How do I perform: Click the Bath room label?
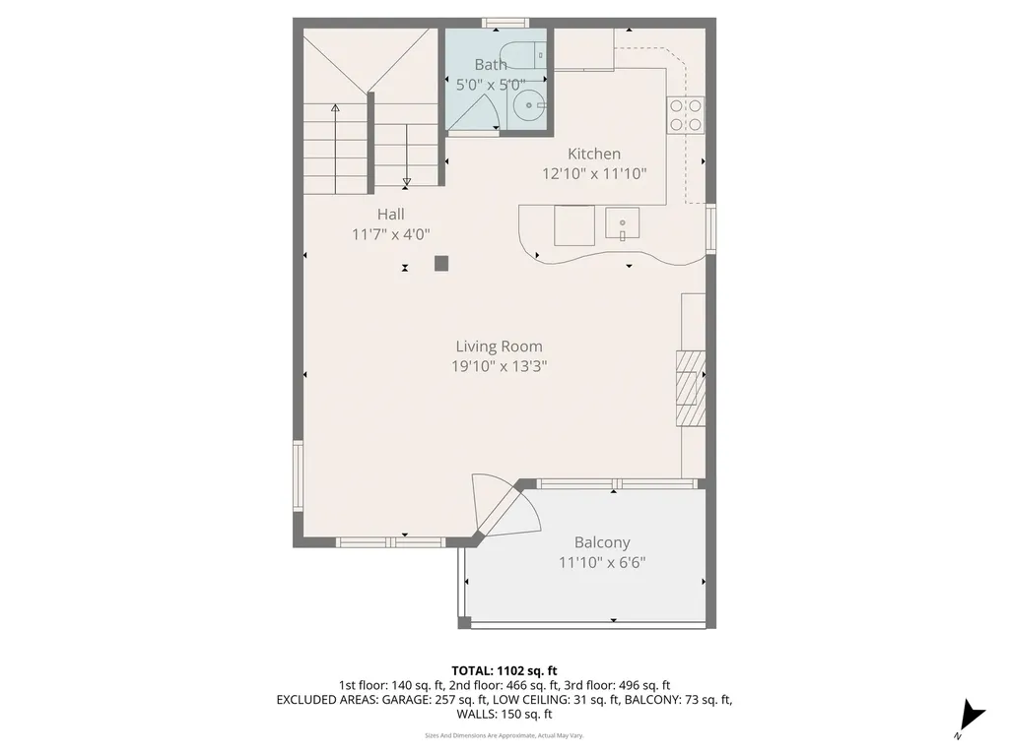[x=491, y=65]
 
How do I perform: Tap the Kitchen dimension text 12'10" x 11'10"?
[x=594, y=174]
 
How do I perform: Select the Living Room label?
[x=499, y=346]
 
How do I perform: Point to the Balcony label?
[x=602, y=542]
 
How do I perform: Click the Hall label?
[x=390, y=214]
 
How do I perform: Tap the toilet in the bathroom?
[x=519, y=54]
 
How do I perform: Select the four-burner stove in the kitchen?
[x=686, y=114]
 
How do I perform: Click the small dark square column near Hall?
[x=441, y=263]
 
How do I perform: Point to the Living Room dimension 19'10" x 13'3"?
[x=499, y=366]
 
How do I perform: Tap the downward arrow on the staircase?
[x=406, y=181]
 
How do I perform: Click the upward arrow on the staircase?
[x=335, y=107]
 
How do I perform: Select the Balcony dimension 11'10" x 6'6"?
[x=602, y=563]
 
